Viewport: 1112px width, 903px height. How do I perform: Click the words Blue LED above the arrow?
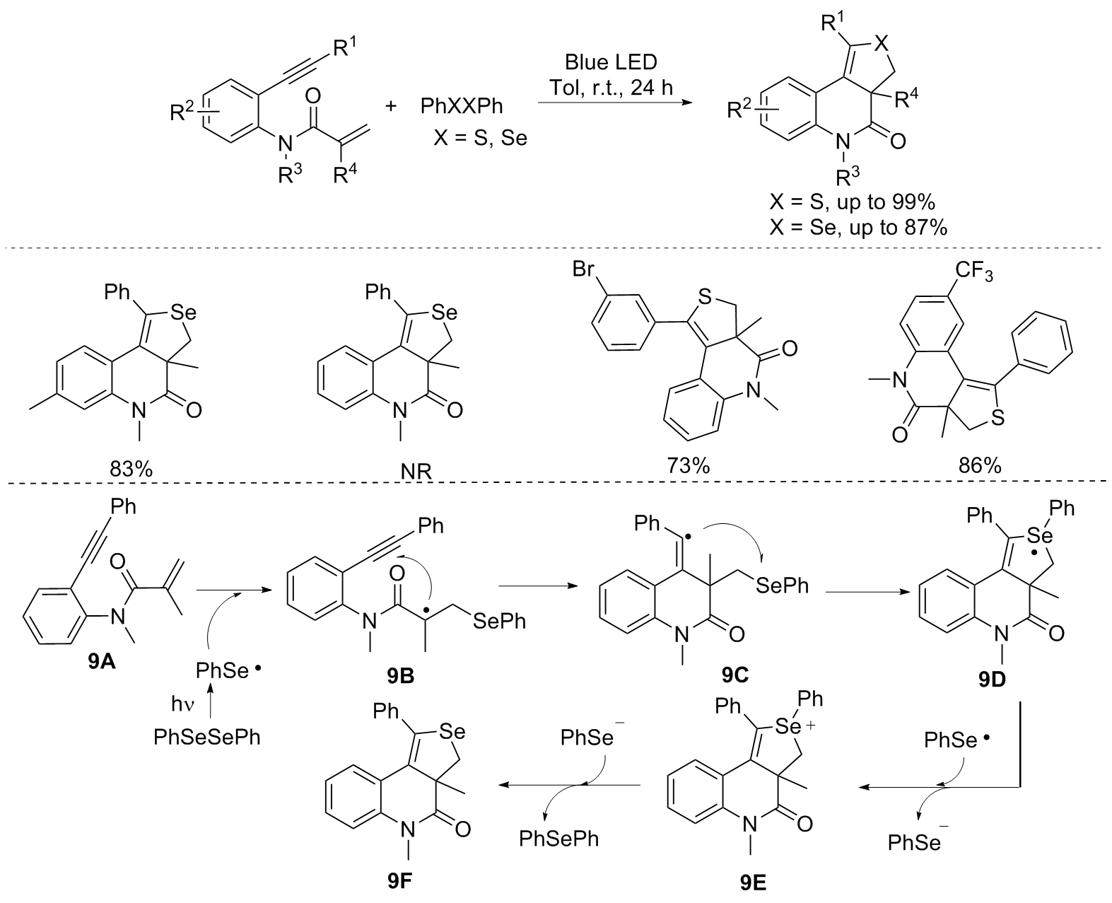(x=611, y=62)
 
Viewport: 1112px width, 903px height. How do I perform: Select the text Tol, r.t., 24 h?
(x=611, y=88)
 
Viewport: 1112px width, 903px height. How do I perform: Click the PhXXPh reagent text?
(x=462, y=107)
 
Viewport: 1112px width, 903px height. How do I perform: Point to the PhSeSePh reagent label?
(x=207, y=738)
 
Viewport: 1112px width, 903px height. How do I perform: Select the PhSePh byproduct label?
(x=558, y=839)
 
